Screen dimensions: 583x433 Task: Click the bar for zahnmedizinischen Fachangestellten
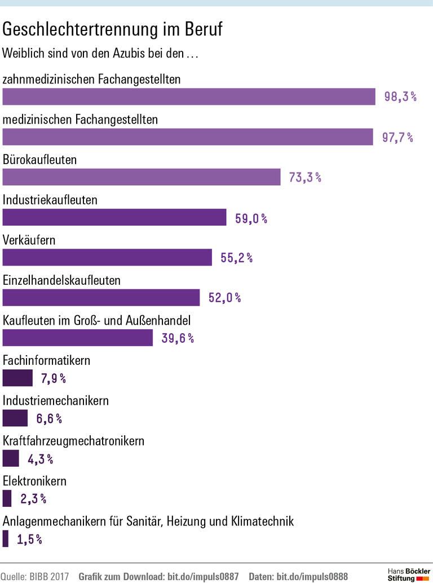point(189,96)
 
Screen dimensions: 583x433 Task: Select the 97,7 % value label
point(397,137)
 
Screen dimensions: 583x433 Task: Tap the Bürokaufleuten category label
point(40,160)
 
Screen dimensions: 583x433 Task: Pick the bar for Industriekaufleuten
point(114,217)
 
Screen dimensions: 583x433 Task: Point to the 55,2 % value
point(236,258)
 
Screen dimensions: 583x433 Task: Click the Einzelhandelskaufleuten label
point(62,280)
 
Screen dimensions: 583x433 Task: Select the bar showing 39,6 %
point(78,338)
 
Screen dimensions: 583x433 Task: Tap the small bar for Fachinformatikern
point(17,378)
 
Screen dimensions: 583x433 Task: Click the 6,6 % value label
point(49,418)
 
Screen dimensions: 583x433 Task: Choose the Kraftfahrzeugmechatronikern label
point(74,441)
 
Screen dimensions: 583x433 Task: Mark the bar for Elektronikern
point(7,498)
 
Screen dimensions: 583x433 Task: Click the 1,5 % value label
point(29,539)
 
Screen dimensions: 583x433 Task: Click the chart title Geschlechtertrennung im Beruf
point(113,29)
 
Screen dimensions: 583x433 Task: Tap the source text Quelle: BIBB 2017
point(34,576)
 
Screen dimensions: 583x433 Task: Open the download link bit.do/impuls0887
point(203,576)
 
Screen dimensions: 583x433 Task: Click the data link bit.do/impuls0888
point(312,576)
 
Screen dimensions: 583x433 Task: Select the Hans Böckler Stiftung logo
point(409,575)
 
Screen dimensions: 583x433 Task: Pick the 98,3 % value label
point(400,96)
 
